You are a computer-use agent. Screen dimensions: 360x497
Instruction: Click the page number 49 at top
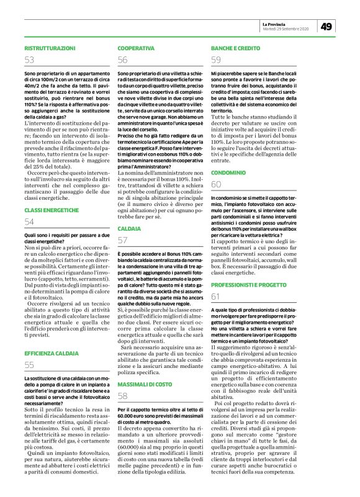326,26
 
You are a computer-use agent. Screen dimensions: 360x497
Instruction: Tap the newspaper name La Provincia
276,23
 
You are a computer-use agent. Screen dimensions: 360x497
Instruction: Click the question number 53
29,60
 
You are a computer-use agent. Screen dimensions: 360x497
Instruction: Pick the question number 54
29,222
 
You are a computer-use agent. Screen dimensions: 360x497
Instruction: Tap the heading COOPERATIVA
136,48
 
